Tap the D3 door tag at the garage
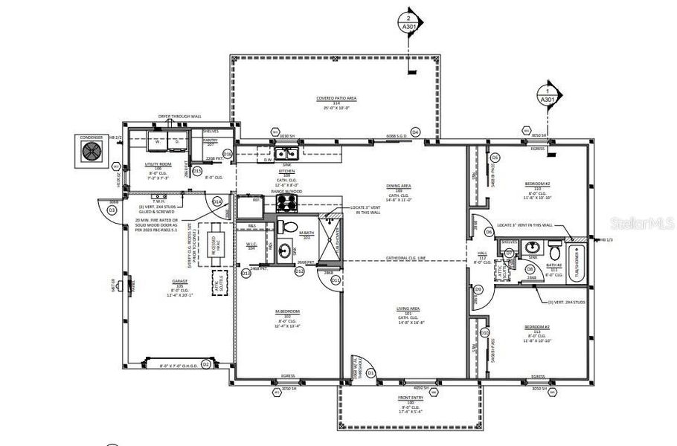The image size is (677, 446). pyautogui.click(x=112, y=210)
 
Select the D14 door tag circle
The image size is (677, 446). pyautogui.click(x=217, y=201)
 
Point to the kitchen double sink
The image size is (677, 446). pyautogui.click(x=286, y=154)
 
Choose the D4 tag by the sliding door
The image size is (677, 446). pyautogui.click(x=415, y=132)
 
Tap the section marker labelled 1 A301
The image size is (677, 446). pyautogui.click(x=547, y=95)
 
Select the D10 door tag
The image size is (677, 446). pyautogui.click(x=484, y=332)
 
